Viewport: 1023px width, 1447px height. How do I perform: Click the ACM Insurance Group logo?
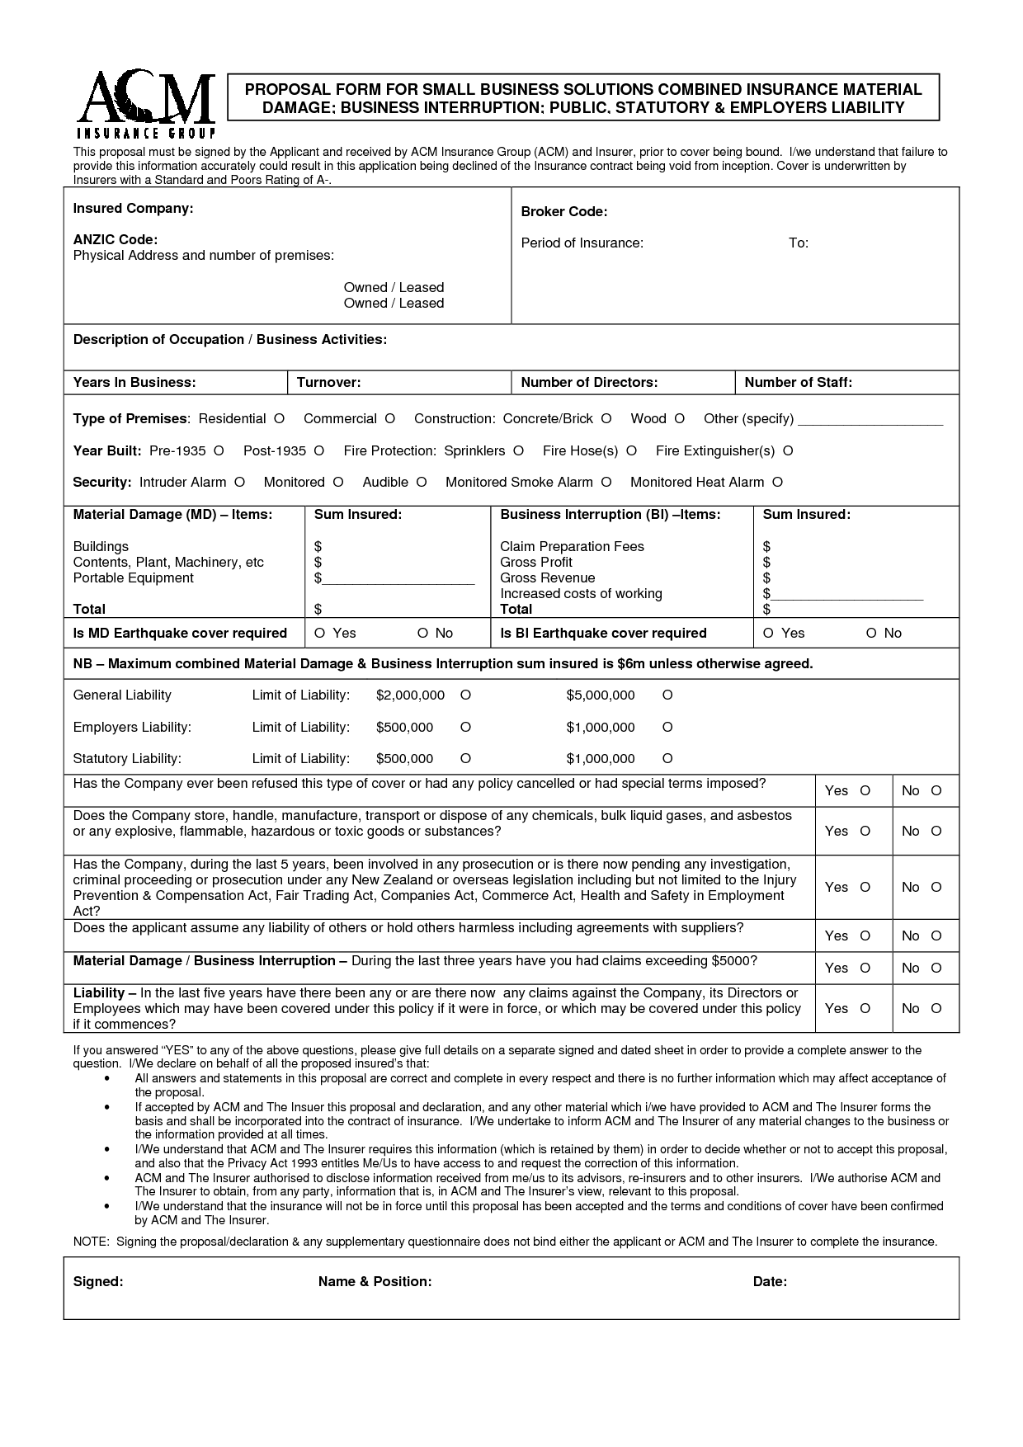pos(146,104)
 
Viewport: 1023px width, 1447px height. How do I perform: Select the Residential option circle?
pos(279,419)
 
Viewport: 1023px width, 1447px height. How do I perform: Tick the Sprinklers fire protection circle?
pos(518,451)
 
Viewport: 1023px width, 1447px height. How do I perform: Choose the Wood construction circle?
pos(679,419)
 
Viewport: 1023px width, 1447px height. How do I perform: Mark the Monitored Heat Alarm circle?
pos(777,483)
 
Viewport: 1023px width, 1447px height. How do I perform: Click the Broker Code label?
pos(563,212)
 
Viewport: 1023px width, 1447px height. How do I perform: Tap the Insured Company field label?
pos(133,209)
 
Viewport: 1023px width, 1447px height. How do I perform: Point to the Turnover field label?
pos(328,383)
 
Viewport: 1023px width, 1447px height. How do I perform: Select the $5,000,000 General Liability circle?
pos(667,695)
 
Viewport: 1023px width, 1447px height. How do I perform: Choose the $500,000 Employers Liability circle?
pos(465,728)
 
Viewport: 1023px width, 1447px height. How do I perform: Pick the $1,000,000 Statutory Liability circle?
pos(667,759)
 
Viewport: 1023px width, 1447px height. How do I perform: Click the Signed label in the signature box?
pos(98,1282)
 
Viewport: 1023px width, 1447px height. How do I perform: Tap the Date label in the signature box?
pos(770,1282)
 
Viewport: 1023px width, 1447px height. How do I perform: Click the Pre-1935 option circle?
pos(219,451)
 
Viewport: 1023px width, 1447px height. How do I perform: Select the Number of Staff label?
pos(798,383)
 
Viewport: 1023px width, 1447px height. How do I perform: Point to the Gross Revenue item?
pos(547,578)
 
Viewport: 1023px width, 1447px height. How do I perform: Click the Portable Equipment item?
pos(133,578)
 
